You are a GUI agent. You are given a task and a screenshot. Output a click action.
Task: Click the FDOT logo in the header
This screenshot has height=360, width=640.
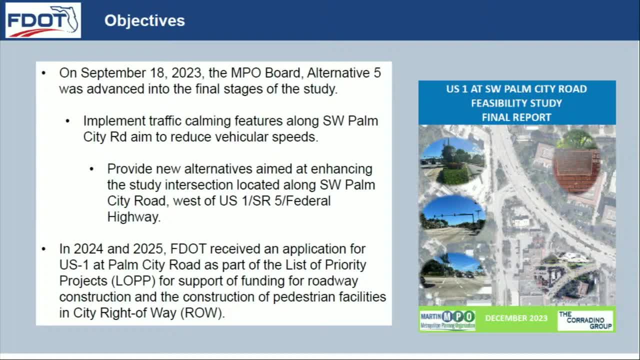pos(43,20)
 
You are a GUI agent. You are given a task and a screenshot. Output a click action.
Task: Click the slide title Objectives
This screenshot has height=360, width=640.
pos(144,20)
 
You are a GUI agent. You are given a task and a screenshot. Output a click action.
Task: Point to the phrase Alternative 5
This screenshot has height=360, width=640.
pos(343,73)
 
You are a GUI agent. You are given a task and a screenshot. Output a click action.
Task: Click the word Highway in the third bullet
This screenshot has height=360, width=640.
pos(133,217)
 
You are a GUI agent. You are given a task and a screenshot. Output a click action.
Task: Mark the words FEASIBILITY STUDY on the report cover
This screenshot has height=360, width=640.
pos(516,103)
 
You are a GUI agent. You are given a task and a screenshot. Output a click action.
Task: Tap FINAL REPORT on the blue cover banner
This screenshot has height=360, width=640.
pos(516,117)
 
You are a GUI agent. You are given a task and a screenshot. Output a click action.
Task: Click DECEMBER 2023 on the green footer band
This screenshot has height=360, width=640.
pos(516,318)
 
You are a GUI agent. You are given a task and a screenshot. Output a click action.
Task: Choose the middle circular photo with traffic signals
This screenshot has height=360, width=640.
pos(452,219)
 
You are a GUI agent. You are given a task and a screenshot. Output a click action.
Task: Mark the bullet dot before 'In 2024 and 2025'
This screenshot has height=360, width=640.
pos(44,249)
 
